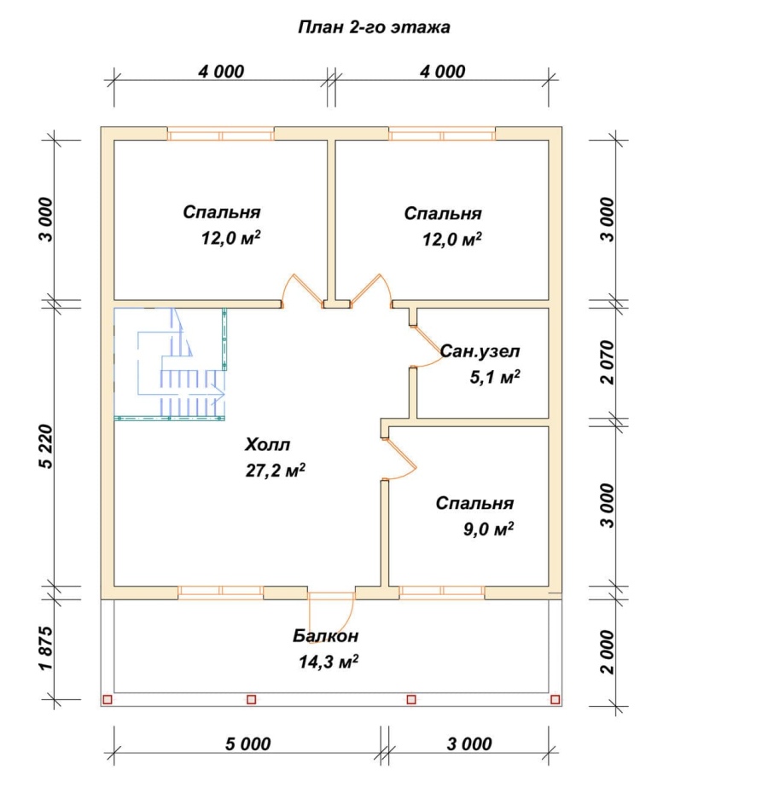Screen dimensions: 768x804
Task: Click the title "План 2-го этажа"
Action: [x=374, y=27]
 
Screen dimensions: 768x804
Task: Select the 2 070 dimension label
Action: [x=607, y=362]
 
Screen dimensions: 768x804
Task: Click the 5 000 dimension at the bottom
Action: [x=247, y=744]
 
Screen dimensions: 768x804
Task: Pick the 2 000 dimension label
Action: [x=607, y=652]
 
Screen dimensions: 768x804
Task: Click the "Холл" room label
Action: [x=267, y=444]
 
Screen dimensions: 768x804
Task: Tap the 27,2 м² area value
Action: [x=276, y=470]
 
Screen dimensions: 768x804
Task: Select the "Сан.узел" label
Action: [x=480, y=351]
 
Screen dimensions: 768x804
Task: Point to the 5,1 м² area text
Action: [x=495, y=377]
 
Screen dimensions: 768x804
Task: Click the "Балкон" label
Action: [x=326, y=636]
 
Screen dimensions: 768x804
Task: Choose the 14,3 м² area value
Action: [x=329, y=662]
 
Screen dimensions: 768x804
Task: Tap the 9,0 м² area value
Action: [x=489, y=529]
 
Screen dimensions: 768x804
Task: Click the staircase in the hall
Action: [x=170, y=363]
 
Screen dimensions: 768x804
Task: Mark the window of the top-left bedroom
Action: [x=221, y=136]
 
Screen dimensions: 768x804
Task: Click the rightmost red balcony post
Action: [x=556, y=699]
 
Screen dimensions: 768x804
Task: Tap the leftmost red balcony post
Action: [x=108, y=699]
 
